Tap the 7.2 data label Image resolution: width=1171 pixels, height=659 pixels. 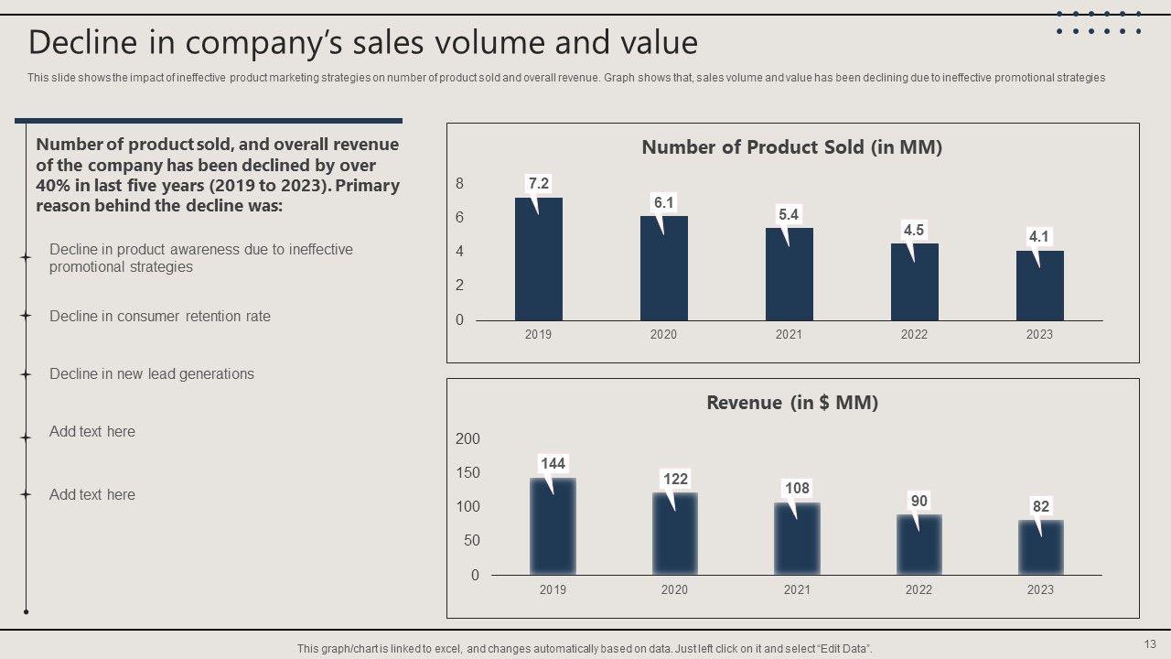[x=539, y=184]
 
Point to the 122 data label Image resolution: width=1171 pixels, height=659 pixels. [x=675, y=479]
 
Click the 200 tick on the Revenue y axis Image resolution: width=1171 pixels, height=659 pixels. [x=467, y=439]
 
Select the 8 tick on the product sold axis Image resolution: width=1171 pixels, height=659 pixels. [x=460, y=184]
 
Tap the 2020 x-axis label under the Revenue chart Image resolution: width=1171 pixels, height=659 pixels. [x=675, y=590]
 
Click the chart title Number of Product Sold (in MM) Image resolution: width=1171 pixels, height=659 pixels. [x=792, y=147]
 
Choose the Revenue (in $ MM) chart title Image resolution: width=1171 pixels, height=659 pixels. [x=792, y=403]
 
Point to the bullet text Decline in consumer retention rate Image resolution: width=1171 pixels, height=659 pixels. [x=160, y=317]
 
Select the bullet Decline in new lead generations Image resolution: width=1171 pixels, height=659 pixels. [x=152, y=374]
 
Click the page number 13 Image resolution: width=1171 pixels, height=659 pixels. [x=1150, y=643]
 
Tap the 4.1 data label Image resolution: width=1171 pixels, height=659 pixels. [x=1039, y=236]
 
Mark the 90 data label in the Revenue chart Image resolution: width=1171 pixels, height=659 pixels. [x=919, y=501]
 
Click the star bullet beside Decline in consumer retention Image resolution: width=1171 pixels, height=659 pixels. [x=27, y=316]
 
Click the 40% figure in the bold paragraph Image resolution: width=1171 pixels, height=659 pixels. [x=51, y=186]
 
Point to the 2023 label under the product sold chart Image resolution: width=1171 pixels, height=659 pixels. [x=1039, y=335]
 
